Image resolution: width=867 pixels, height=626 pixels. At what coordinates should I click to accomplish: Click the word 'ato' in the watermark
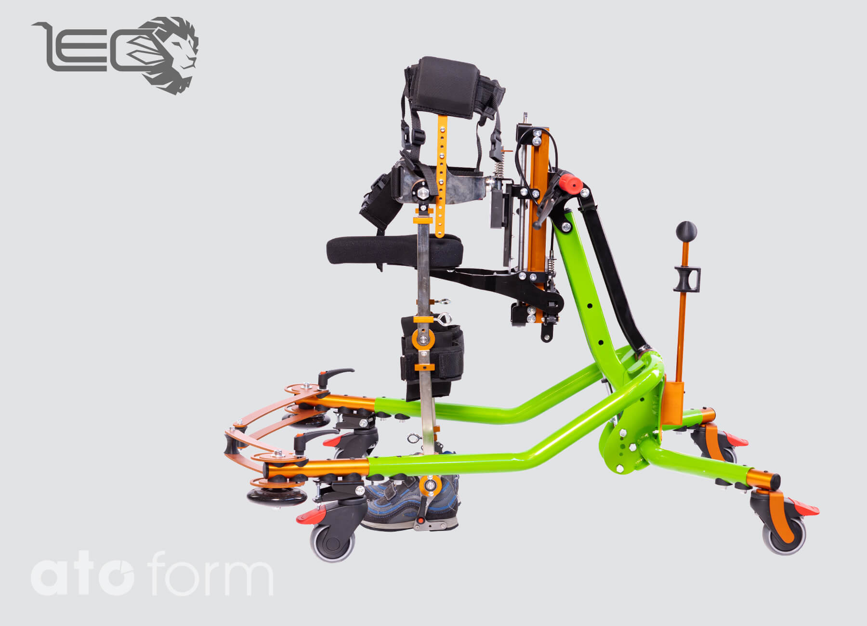pyautogui.click(x=82, y=577)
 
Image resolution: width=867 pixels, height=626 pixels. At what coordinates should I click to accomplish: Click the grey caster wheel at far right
pyautogui.click(x=784, y=535)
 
